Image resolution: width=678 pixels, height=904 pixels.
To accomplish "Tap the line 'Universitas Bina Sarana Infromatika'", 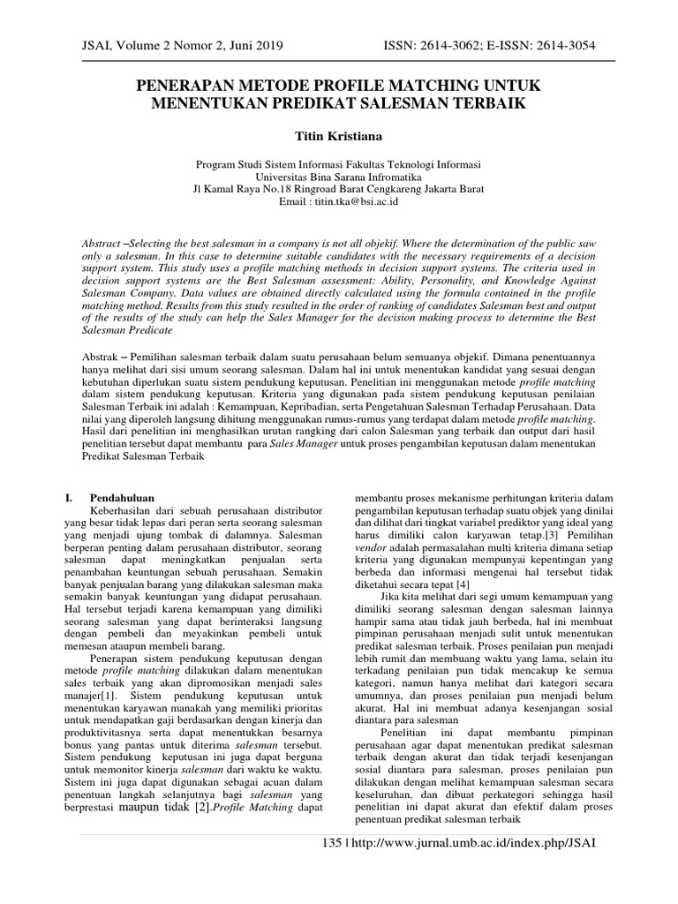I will (339, 177).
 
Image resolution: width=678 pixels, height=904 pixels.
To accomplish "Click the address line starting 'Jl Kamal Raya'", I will (339, 189).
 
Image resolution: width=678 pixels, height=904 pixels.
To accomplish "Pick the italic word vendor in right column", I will (371, 547).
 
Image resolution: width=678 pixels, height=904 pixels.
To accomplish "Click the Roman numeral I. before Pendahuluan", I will (71, 498).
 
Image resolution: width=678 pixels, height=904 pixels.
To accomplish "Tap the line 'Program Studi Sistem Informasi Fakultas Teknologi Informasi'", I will (339, 164).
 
